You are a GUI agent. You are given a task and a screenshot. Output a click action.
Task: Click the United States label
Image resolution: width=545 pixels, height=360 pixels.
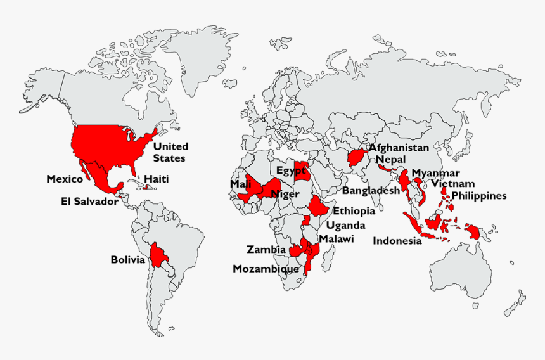(170, 152)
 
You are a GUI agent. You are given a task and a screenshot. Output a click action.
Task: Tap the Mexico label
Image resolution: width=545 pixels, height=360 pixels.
(65, 179)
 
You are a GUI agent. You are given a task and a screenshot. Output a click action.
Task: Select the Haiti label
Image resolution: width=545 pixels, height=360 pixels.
(156, 179)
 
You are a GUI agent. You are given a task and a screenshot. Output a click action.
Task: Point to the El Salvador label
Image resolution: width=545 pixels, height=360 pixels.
(89, 202)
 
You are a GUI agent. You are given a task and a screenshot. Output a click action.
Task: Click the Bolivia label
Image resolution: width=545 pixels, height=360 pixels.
(128, 260)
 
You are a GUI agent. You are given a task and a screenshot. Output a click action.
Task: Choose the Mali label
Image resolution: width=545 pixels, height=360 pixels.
(240, 184)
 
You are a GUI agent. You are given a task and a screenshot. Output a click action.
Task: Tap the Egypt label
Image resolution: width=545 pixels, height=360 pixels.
(291, 170)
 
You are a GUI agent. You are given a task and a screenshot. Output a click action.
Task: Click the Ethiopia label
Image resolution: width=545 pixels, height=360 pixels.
(354, 211)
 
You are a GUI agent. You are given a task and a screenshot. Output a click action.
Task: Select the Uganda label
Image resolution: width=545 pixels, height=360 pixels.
(345, 225)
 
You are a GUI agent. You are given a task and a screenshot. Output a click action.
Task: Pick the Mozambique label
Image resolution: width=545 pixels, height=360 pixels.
(266, 269)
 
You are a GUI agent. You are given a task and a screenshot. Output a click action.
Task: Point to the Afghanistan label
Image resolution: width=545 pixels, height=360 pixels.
(399, 148)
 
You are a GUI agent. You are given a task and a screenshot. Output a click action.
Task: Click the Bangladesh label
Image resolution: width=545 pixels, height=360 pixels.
(371, 190)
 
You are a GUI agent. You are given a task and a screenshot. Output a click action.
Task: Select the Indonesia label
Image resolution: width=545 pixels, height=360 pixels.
(397, 241)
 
